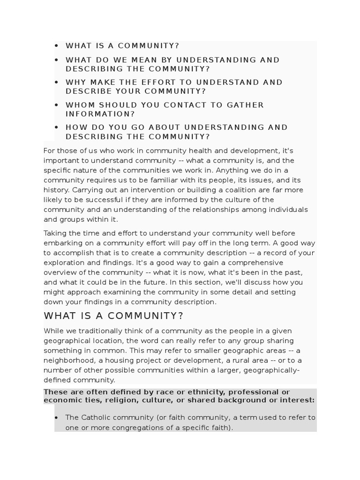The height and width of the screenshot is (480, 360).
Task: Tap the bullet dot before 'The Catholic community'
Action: (57, 418)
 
